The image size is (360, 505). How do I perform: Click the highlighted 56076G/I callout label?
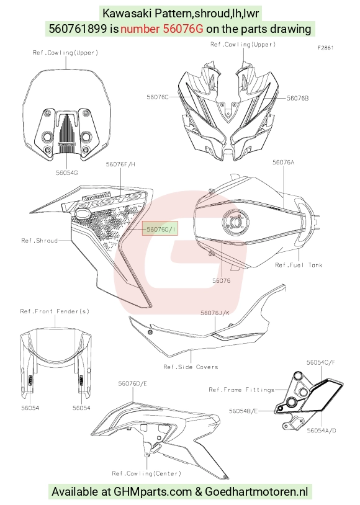160,229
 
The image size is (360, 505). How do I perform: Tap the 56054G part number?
67,173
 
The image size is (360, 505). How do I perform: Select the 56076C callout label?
158,97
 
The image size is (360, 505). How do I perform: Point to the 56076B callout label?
297,98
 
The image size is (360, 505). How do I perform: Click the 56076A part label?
283,163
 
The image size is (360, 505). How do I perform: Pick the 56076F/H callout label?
120,164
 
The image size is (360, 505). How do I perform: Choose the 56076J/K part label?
215,313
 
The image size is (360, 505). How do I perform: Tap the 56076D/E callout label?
132,383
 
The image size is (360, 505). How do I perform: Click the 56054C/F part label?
321,362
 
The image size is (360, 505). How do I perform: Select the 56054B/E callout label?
243,411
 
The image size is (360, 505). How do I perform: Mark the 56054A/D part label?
322,431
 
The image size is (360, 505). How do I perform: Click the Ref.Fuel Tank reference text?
299,265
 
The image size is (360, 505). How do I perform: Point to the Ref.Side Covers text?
191,367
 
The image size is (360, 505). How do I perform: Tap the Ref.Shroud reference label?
39,241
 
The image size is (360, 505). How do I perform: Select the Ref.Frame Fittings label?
241,390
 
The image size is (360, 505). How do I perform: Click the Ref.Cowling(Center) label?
146,473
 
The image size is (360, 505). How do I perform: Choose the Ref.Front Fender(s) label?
55,311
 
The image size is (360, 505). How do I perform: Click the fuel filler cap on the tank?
235,222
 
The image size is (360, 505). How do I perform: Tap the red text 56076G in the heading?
161,29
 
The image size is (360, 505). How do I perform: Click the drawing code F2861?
325,48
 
